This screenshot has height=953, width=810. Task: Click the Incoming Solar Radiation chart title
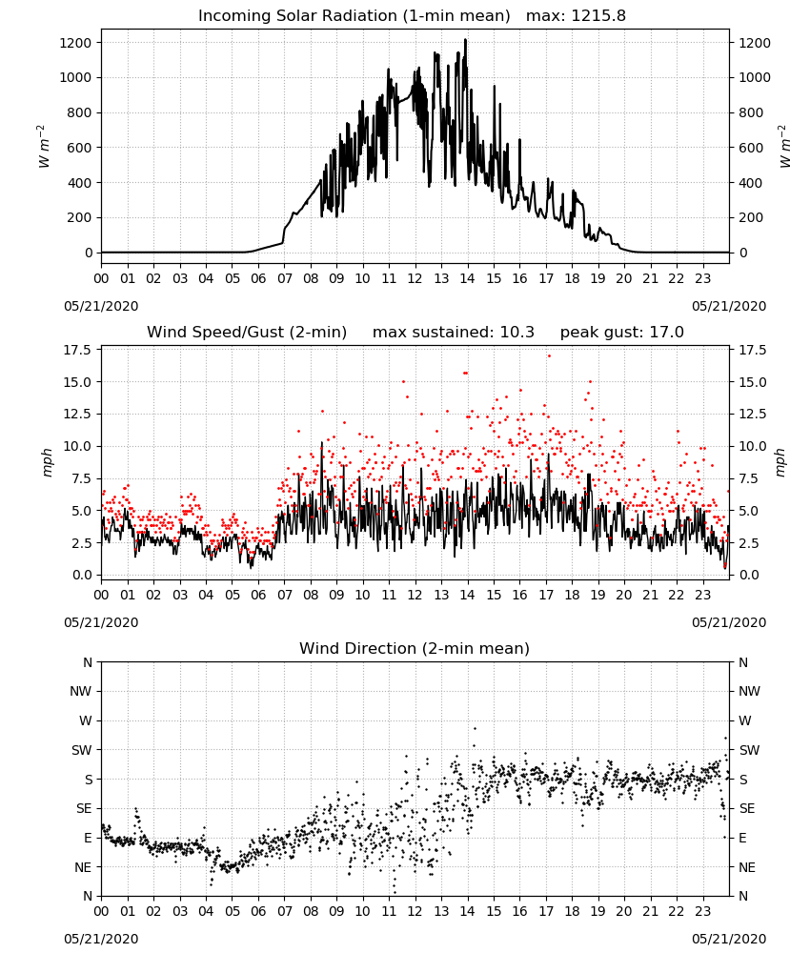coord(354,16)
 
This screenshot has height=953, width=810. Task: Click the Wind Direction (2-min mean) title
coord(415,648)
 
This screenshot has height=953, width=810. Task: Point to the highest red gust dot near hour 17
coord(549,356)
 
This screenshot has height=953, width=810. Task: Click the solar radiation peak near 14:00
coord(465,40)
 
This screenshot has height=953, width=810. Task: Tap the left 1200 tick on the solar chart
coord(75,43)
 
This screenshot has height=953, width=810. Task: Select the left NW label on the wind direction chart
coord(80,692)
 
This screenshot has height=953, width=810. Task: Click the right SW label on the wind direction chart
coord(750,750)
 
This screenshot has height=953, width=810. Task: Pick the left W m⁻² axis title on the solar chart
coord(43,147)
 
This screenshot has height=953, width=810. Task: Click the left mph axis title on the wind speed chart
coord(48,462)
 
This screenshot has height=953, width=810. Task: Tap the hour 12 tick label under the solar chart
coord(415,278)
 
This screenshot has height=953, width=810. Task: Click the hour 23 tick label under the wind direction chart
coord(702,911)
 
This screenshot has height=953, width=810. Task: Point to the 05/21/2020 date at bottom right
coord(729,939)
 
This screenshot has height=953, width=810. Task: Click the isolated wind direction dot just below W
coord(475,728)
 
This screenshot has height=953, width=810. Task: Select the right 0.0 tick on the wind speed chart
coord(749,575)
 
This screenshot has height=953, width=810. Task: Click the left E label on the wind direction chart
coord(88,838)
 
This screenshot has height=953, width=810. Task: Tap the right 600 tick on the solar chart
coord(751,148)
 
